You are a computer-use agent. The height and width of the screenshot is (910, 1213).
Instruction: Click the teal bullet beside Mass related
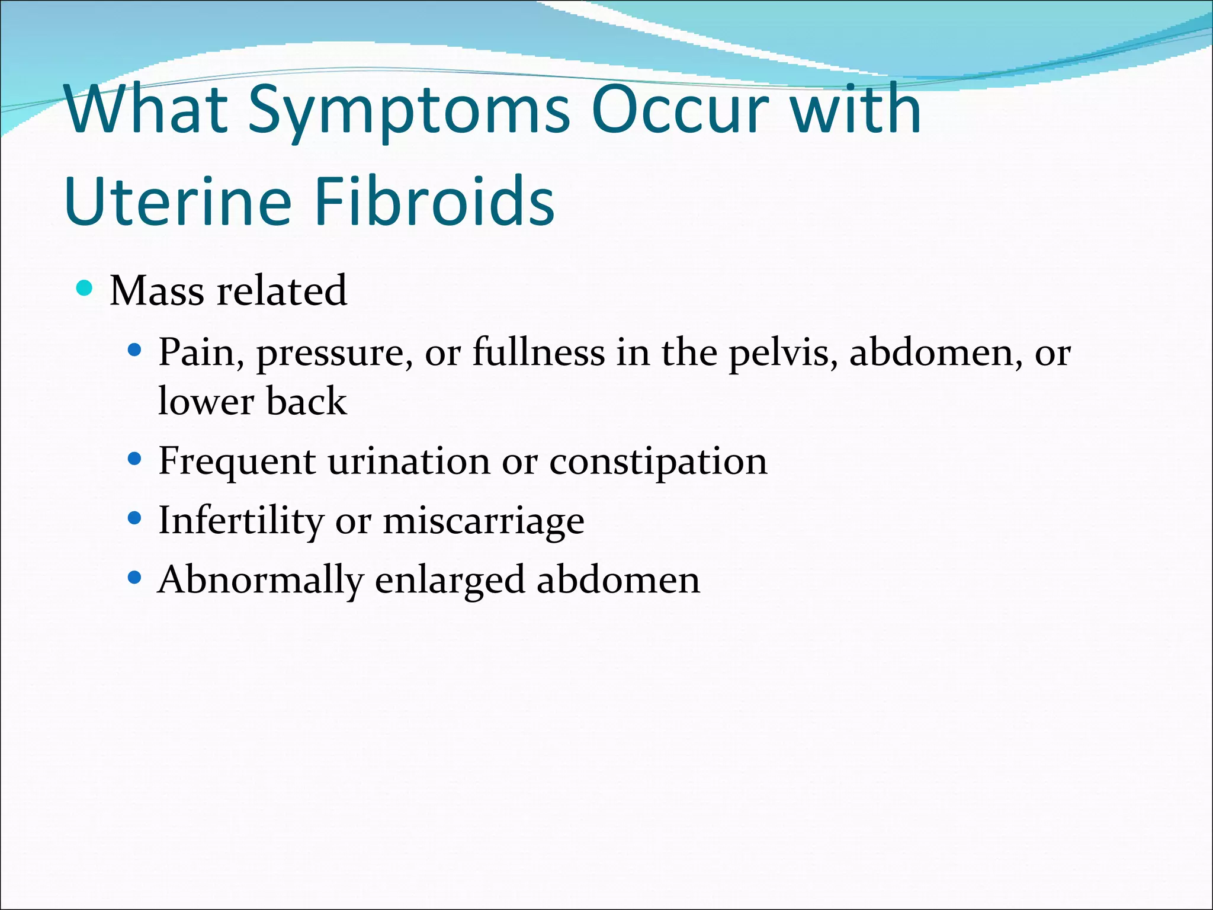[85, 289]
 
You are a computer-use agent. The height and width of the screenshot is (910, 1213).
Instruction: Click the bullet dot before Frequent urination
[135, 459]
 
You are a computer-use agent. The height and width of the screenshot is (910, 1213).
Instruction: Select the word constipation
[658, 462]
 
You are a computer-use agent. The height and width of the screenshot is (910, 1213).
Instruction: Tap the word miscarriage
[483, 521]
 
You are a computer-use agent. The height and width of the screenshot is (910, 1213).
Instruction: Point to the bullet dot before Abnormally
[135, 577]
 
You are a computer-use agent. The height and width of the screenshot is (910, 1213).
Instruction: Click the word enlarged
[450, 581]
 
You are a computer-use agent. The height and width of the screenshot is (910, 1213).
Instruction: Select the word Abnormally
[260, 581]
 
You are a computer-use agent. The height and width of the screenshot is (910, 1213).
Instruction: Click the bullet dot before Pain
[135, 351]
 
